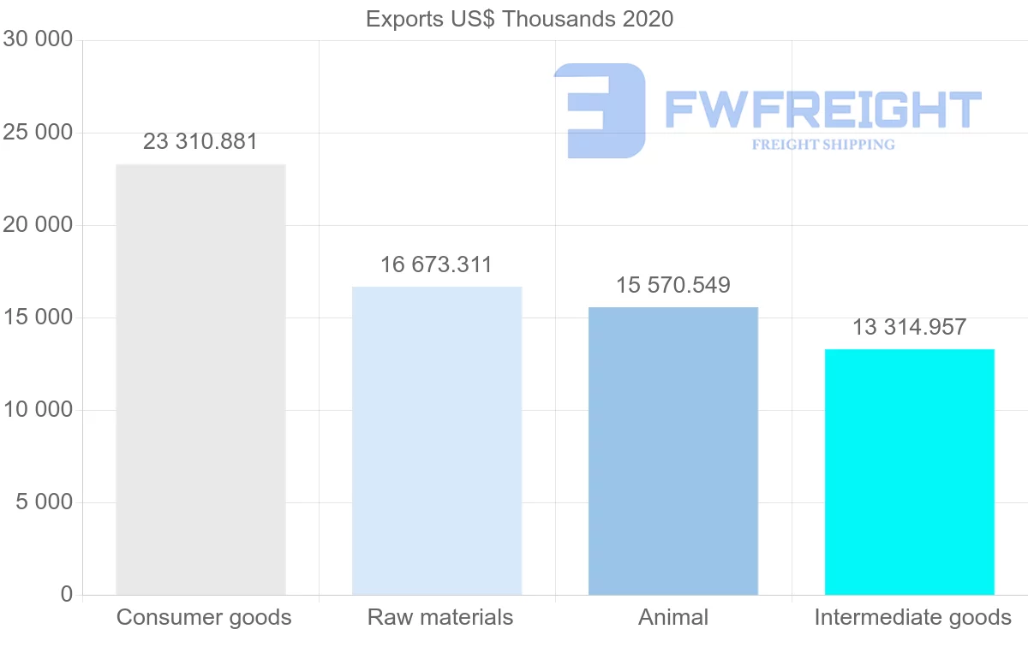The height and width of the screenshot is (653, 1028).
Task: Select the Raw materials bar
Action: pyautogui.click(x=437, y=441)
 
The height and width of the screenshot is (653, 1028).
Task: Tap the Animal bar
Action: pyautogui.click(x=673, y=451)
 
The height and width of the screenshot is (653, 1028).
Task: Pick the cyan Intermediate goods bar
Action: pyautogui.click(x=909, y=472)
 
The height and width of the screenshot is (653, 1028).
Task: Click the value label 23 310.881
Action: pyautogui.click(x=200, y=142)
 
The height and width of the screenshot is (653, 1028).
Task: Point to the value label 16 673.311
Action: pyautogui.click(x=437, y=265)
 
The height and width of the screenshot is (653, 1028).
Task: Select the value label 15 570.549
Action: pyautogui.click(x=673, y=286)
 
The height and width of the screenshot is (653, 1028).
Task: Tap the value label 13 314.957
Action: pyautogui.click(x=909, y=327)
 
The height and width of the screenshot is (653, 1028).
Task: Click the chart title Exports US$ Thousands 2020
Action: pyautogui.click(x=519, y=19)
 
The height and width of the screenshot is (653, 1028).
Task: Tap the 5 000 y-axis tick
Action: pyautogui.click(x=44, y=502)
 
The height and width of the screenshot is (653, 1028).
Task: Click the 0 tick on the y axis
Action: pyautogui.click(x=67, y=595)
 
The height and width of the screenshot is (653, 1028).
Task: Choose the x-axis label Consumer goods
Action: pyautogui.click(x=204, y=617)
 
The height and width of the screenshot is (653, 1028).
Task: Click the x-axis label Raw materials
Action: pyautogui.click(x=440, y=617)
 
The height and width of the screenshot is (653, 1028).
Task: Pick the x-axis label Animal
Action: pyautogui.click(x=673, y=617)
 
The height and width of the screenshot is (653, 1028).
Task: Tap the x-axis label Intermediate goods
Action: pyautogui.click(x=912, y=617)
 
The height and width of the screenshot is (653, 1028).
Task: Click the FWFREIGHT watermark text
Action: pyautogui.click(x=822, y=110)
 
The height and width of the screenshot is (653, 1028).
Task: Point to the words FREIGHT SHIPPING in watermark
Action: pyautogui.click(x=823, y=145)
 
